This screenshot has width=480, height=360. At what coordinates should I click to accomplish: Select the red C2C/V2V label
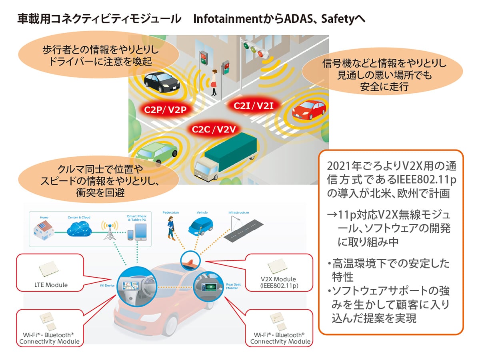pyautogui.click(x=212, y=129)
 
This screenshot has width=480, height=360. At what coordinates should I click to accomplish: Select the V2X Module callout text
pyautogui.click(x=279, y=282)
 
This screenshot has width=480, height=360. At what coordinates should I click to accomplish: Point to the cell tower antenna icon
pyautogui.click(x=108, y=231)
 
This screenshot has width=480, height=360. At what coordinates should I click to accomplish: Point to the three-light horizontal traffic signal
pyautogui.click(x=253, y=49)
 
